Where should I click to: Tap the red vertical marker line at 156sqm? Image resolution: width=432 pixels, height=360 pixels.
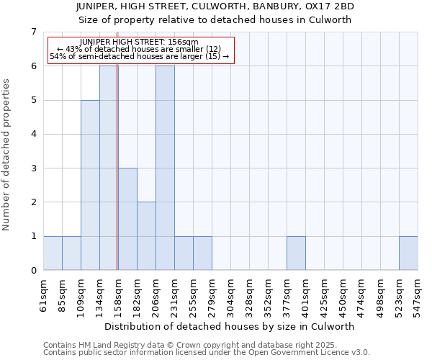(117, 180)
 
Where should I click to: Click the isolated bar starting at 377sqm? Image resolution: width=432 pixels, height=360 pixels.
(296, 253)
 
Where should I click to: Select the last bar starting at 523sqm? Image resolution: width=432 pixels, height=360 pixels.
(408, 253)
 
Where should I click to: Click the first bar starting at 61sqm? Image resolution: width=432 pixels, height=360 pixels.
(53, 253)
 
